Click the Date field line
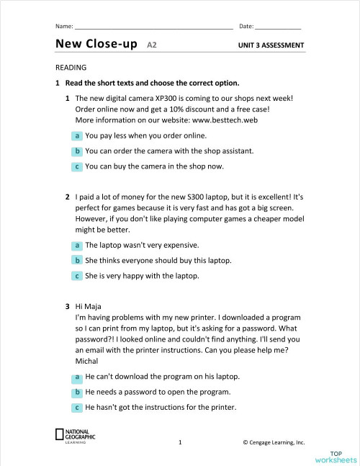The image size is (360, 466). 278,28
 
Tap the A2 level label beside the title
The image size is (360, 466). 152,45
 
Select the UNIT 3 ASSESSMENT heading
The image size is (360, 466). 271,45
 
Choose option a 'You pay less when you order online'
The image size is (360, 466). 76,135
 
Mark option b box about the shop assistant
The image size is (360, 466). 76,151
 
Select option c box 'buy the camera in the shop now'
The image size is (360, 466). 76,166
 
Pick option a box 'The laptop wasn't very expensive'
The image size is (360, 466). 76,245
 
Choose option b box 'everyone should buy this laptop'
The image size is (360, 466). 76,261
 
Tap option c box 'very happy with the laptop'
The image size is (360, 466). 76,276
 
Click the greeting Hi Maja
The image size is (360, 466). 88,306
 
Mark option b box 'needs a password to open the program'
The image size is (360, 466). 76,393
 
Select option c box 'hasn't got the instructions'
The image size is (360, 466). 76,408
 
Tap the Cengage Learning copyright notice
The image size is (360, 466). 274,442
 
